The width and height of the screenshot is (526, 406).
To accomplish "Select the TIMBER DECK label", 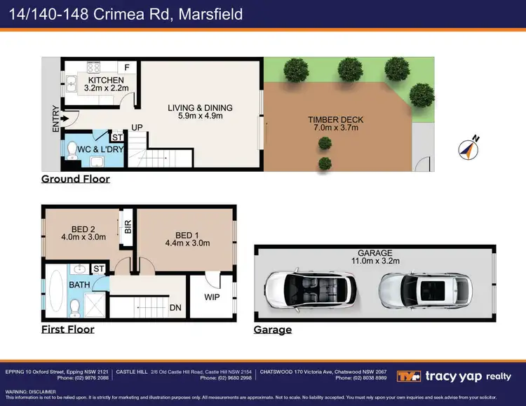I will coord(333,123).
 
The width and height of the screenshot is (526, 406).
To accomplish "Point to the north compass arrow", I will coord(468,148).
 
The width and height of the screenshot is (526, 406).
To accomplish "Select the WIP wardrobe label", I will coord(211,297).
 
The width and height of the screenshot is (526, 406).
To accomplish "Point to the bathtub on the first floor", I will coord(55,292).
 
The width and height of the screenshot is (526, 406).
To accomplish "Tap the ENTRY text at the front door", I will coord(56,120).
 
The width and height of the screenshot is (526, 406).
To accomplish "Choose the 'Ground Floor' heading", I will coord(75,179).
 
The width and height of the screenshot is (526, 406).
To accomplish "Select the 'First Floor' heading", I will coord(67,329).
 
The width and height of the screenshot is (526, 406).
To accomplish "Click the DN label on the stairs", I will coord(175,307).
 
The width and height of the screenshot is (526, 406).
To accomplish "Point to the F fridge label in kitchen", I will coord(127,67).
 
